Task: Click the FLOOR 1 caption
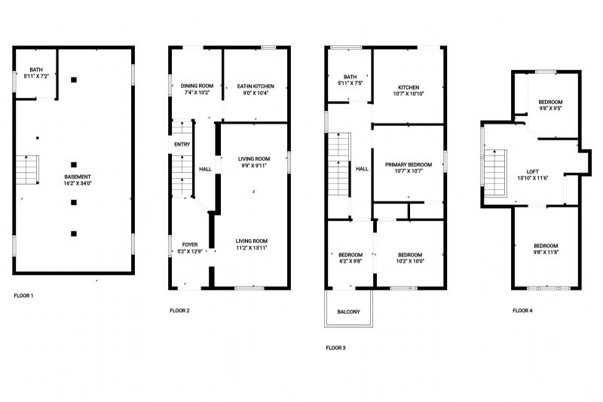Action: point(23,296)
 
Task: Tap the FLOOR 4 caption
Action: point(522,311)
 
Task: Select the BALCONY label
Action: point(348,311)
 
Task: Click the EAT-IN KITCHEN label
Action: point(256,86)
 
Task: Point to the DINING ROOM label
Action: point(197,86)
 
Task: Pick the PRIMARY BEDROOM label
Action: point(409,164)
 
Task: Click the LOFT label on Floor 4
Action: point(533,171)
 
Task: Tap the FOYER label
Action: point(190,244)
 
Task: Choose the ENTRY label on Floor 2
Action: point(182,144)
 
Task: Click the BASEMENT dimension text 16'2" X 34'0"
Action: point(78,183)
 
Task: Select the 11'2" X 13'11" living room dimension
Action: point(252,247)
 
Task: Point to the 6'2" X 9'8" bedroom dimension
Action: point(350,261)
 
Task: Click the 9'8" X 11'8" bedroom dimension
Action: point(546,253)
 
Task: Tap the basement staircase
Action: point(27,170)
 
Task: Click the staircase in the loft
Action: point(495,173)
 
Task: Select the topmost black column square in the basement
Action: point(74,80)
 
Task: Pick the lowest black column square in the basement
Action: point(74,234)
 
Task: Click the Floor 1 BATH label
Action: point(36,69)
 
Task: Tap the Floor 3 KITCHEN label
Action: point(409,87)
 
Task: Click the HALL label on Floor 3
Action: point(362,168)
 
